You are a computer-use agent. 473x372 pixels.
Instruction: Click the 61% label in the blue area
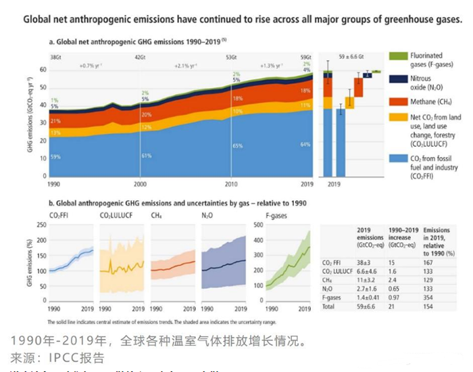(146, 156)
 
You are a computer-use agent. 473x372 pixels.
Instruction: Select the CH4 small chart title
(155, 215)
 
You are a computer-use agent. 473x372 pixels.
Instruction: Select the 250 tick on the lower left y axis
(42, 225)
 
